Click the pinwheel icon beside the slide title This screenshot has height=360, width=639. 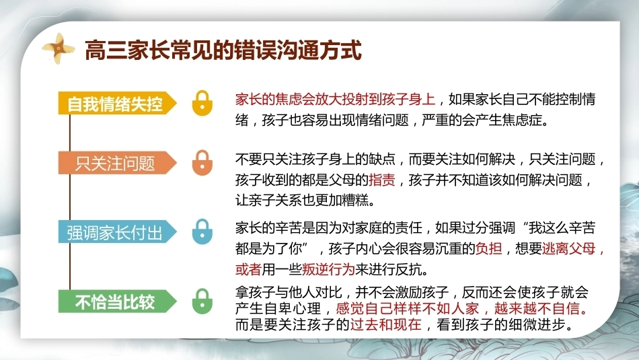(x=59, y=48)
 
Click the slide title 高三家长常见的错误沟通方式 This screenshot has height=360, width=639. (x=223, y=50)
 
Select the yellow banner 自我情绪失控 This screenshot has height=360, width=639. (x=117, y=103)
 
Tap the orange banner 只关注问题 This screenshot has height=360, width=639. (x=117, y=163)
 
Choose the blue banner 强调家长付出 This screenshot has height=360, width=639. (x=117, y=232)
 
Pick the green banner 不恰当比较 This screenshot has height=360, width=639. (x=117, y=301)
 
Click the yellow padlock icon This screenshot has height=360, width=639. (x=202, y=103)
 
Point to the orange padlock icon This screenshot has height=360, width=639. (x=202, y=163)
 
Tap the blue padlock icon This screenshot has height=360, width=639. (x=202, y=232)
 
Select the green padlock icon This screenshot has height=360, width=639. (x=202, y=301)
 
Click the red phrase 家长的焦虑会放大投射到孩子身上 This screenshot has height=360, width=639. (x=335, y=99)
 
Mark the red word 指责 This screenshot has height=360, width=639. (x=382, y=180)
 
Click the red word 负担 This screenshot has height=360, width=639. (x=488, y=248)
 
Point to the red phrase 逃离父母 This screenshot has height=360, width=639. (x=568, y=248)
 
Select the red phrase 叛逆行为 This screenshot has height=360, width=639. (x=328, y=269)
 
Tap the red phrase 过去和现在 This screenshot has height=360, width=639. (x=385, y=324)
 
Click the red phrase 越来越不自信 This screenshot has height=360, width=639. (x=537, y=309)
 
